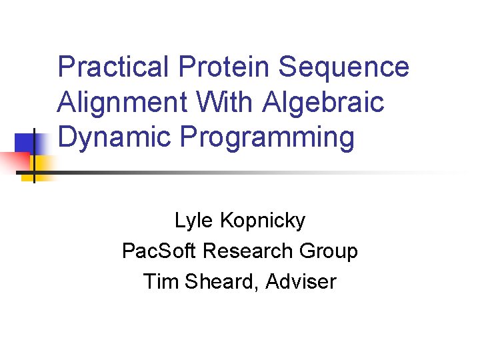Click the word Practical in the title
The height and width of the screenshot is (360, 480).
113,68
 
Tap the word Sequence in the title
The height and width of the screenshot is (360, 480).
344,68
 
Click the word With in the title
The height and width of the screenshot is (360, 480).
223,103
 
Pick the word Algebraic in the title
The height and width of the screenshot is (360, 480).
324,103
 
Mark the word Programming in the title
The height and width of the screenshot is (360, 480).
267,137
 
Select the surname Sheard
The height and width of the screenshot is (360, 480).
220,282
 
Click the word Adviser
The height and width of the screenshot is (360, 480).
301,282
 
